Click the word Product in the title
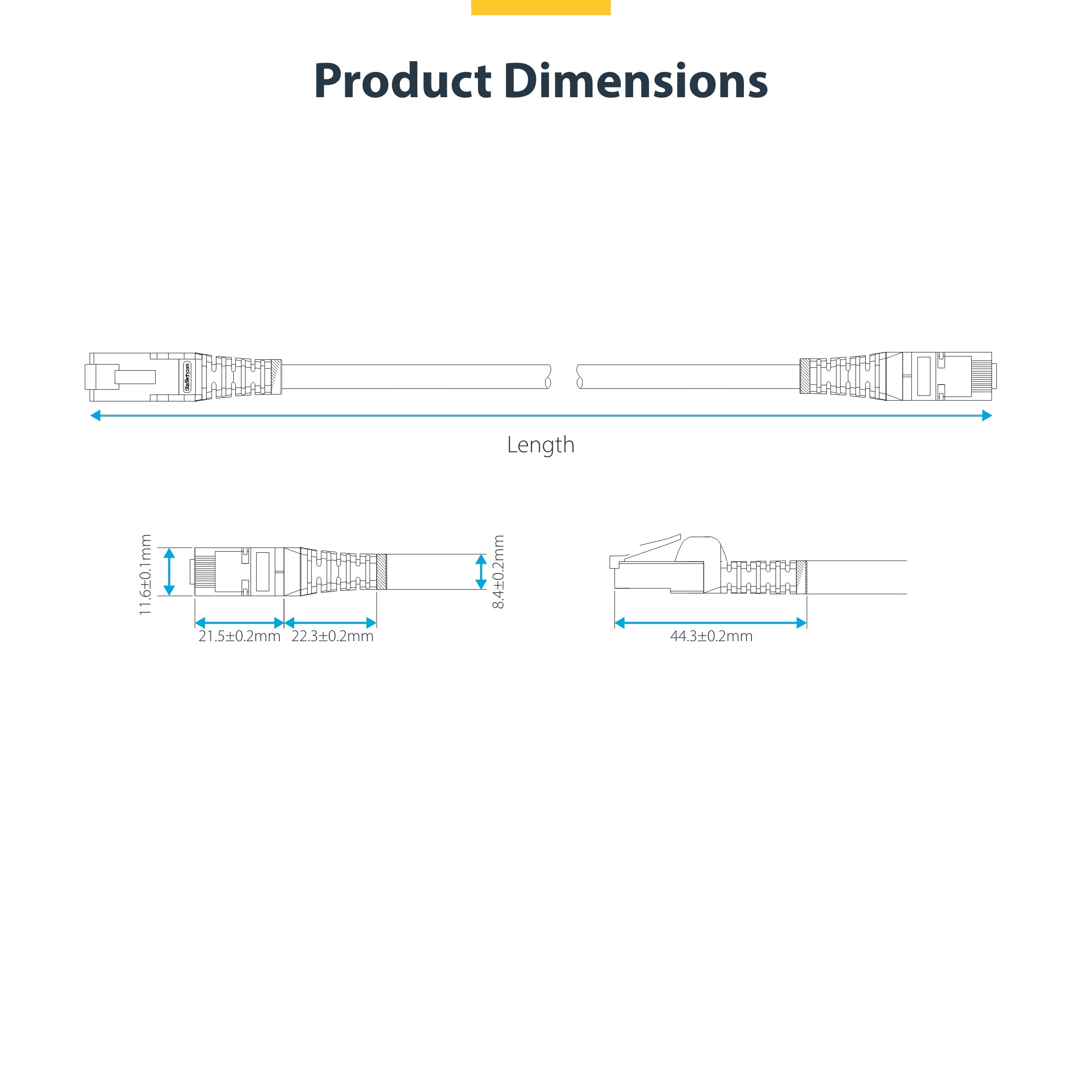point(402,81)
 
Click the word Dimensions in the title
point(636,81)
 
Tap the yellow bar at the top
point(541,7)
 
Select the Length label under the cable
point(541,445)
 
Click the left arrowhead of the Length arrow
point(95,415)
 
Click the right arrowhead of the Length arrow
point(987,415)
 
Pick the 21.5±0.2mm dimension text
point(239,636)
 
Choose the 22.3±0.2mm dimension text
point(332,636)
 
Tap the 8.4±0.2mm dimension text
point(498,572)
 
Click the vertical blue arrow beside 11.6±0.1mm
point(169,572)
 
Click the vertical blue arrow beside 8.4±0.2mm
point(481,572)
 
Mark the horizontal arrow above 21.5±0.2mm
point(239,623)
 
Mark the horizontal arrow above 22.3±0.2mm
point(331,623)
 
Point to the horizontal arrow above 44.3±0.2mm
point(710,623)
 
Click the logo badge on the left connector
point(187,376)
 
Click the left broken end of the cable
point(548,376)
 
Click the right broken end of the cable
point(579,376)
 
